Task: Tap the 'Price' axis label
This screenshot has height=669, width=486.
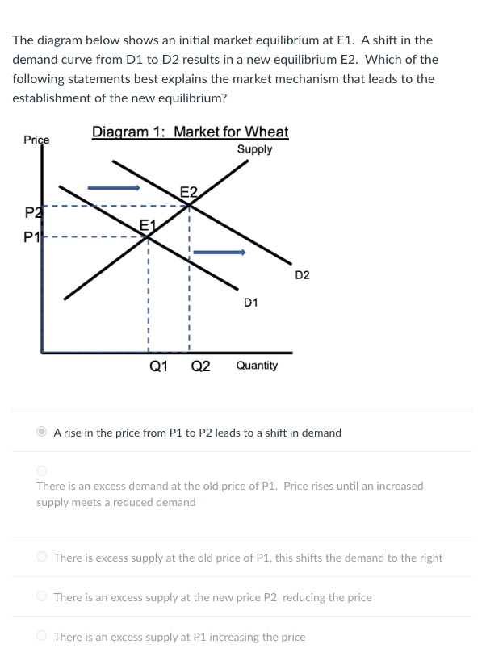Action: tap(36, 140)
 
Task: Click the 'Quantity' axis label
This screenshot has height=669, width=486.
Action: tap(257, 366)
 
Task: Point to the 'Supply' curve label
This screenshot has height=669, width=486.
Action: tap(254, 149)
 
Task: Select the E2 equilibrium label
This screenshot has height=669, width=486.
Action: tap(187, 192)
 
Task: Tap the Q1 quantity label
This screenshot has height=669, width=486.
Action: tap(159, 366)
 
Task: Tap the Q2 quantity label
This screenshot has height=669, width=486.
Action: tap(200, 366)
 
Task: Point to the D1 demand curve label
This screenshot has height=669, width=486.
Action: tap(250, 303)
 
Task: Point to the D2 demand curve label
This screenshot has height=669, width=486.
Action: tap(302, 275)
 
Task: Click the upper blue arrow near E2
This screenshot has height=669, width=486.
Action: tap(114, 188)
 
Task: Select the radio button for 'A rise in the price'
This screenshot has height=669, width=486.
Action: tap(42, 432)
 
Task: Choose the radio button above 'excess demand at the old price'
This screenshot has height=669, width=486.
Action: tap(42, 470)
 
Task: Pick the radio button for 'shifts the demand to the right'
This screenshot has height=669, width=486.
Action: tap(42, 557)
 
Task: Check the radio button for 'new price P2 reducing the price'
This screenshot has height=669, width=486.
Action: tap(42, 596)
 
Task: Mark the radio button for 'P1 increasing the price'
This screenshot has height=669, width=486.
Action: tap(42, 636)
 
